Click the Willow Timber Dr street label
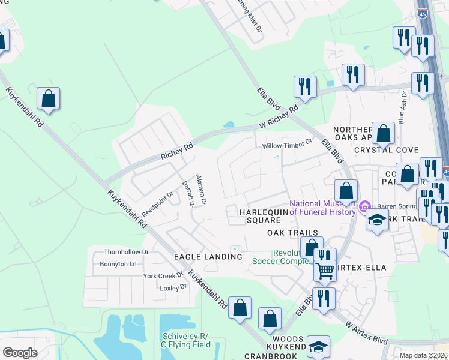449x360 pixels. pos(288,143)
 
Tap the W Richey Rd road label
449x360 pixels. pos(279,118)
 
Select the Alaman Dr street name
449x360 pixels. pos(201,191)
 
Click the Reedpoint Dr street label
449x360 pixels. pos(157,199)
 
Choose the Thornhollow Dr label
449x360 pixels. pos(126,253)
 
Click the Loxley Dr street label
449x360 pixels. pos(174,288)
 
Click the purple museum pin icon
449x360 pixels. pos(364,208)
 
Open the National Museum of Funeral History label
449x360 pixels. pos(324,208)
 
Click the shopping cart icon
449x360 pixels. pos(325,271)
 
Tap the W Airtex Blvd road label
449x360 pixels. pos(367,332)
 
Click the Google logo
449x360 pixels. pos(20,352)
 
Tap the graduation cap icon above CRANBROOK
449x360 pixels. pos(318,346)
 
